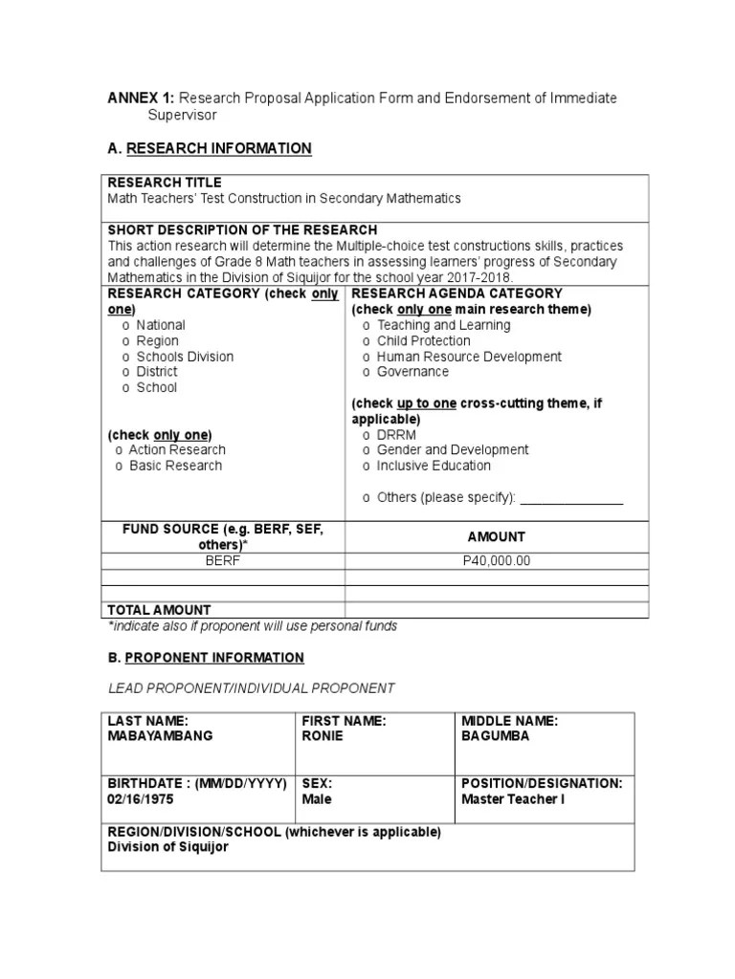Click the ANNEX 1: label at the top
(x=140, y=98)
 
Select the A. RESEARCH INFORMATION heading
(x=209, y=148)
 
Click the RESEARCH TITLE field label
(x=164, y=183)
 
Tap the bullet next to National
(x=125, y=325)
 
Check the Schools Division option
(x=184, y=357)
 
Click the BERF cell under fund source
(x=222, y=561)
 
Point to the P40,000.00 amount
(x=496, y=561)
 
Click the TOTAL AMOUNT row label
(x=159, y=609)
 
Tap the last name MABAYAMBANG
(x=160, y=736)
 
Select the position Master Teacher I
(x=513, y=798)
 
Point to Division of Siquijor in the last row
(x=167, y=847)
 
